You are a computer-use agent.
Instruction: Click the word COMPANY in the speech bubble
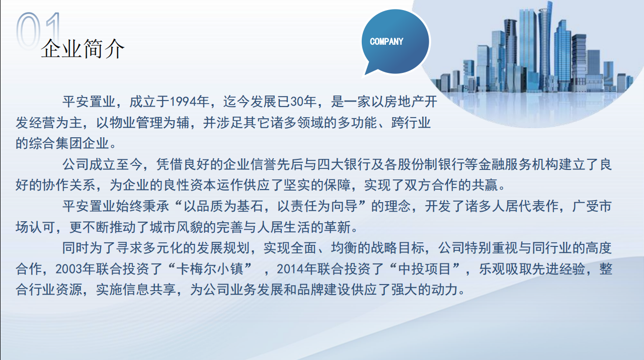tap(386, 42)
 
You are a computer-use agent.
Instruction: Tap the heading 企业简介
tap(83, 49)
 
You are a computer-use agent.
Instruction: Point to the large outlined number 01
tap(39, 31)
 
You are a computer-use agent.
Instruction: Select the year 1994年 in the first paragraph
tap(190, 102)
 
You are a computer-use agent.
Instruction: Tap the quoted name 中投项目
tap(424, 269)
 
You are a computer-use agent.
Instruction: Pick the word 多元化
tap(163, 248)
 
